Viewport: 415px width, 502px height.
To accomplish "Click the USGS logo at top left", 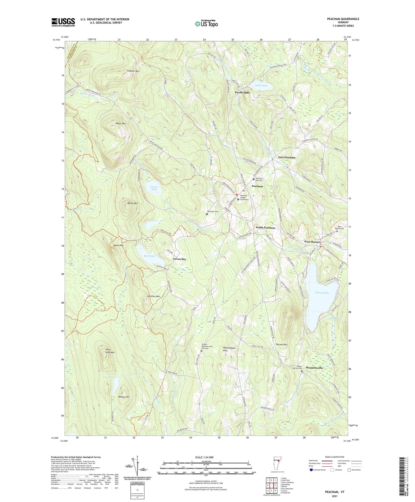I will [x=63, y=22].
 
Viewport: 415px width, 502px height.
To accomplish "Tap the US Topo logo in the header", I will [x=206, y=24].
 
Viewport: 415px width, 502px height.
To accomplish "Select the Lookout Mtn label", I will [x=133, y=71].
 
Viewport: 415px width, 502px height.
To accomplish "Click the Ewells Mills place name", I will [x=242, y=93].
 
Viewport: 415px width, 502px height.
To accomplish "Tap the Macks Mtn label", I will [x=121, y=124].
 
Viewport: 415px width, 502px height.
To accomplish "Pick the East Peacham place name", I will [x=287, y=158].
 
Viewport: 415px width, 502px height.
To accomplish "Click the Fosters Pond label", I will [x=154, y=188].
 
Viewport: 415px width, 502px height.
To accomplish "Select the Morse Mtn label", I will [x=132, y=203].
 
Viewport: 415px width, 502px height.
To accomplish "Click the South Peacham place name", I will [x=265, y=228].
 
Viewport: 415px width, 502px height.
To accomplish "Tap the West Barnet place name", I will [x=312, y=242].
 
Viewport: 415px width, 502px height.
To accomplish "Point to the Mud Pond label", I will [x=149, y=256].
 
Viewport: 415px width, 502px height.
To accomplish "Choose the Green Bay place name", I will [x=179, y=259].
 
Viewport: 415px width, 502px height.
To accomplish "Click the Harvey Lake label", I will [x=322, y=293].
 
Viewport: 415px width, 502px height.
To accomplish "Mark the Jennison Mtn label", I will [x=153, y=296].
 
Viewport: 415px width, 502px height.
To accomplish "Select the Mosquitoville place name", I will [x=314, y=368].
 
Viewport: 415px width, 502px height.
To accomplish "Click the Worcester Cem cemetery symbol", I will [x=207, y=214].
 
